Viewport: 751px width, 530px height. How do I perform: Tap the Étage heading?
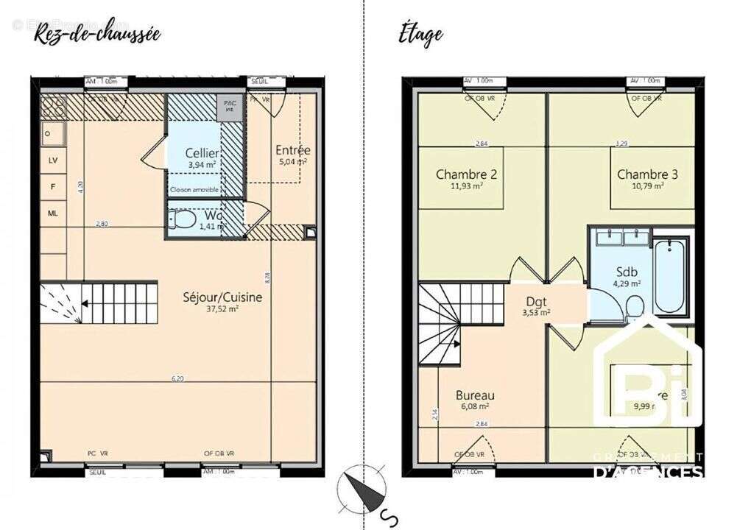420,34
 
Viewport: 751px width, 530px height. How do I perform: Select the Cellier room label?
201,153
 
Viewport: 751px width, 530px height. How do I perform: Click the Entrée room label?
292,149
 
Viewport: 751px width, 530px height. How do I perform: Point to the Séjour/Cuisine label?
222,297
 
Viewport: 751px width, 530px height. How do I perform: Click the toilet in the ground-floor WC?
180,221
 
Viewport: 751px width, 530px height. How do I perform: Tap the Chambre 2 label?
467,174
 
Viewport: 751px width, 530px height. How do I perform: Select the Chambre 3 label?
647,174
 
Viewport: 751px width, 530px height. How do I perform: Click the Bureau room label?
475,395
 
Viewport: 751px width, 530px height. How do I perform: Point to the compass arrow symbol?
363,490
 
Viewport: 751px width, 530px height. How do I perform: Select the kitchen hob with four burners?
53,107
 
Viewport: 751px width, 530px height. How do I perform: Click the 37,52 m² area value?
222,310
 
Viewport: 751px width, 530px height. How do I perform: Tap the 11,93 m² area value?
467,187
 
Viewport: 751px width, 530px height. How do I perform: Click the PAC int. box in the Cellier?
230,107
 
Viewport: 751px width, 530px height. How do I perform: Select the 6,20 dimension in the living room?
177,378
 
